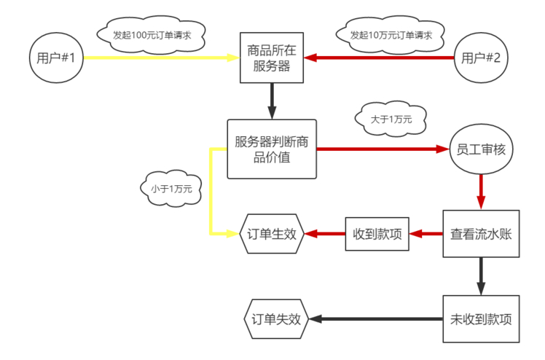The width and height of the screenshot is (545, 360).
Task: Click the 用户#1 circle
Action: click(x=56, y=58)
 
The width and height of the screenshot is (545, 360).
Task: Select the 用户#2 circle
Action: click(x=481, y=58)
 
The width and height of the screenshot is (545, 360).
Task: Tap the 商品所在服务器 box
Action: click(x=272, y=58)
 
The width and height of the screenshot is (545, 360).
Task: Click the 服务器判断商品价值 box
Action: click(x=272, y=149)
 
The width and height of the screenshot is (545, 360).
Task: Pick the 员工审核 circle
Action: click(x=481, y=150)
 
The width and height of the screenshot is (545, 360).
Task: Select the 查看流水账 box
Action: click(x=481, y=234)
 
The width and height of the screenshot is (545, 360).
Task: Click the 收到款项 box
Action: click(x=377, y=234)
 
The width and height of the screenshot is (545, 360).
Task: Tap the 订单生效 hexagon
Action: click(x=272, y=234)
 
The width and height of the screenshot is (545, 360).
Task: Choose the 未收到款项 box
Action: click(x=481, y=319)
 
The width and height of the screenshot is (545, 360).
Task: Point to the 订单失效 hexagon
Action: click(x=275, y=319)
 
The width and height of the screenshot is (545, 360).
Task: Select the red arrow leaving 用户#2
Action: click(x=379, y=58)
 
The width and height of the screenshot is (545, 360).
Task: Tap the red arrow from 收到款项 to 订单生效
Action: click(x=324, y=234)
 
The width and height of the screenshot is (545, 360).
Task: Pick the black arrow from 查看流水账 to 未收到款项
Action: click(x=481, y=275)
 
